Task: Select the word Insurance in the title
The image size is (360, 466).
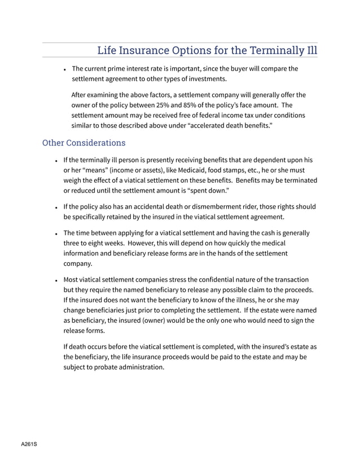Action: point(148,50)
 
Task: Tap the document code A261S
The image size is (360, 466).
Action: point(29,445)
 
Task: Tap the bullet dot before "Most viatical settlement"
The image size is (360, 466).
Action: point(56,280)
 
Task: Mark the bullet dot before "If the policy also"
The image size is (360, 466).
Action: point(56,207)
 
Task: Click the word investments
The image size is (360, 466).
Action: point(205,79)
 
